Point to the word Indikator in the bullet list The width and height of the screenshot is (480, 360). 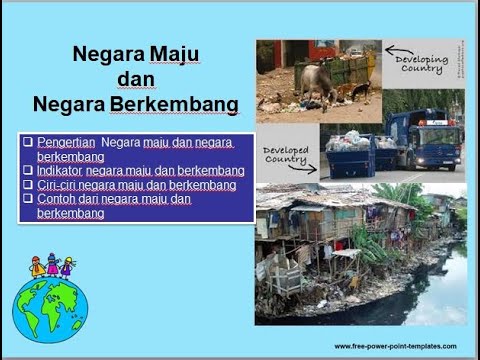[x=62, y=171]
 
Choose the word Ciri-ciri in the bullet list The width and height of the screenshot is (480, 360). [x=61, y=185]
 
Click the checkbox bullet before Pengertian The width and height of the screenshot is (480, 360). [x=28, y=142]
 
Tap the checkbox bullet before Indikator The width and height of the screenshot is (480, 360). [x=28, y=171]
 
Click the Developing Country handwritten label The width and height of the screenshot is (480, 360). [x=421, y=64]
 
